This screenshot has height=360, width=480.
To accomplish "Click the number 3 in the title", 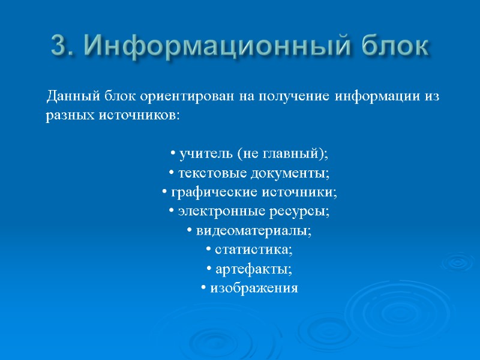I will (x=58, y=45).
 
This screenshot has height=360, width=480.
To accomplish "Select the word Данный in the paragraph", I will (x=66, y=96).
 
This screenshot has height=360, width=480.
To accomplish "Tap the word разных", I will (x=68, y=115).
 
